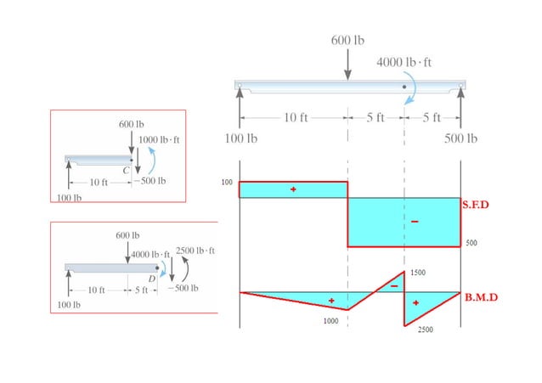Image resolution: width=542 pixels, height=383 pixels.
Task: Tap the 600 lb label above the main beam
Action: point(347,40)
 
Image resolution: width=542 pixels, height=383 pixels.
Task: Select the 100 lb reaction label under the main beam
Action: point(240,138)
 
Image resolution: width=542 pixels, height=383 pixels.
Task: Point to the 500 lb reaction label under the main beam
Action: point(460,138)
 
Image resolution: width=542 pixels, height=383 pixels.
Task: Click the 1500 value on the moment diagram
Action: point(417,273)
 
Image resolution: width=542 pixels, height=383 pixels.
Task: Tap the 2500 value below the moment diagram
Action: point(426,331)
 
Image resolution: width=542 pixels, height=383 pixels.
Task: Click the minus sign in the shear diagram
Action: point(415,222)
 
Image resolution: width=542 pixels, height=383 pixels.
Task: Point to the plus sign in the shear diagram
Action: point(293,189)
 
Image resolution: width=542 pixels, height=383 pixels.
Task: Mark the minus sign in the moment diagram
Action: point(394,286)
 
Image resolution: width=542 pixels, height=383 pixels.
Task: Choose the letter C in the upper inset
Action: point(126,170)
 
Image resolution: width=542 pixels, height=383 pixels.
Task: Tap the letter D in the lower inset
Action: point(151,278)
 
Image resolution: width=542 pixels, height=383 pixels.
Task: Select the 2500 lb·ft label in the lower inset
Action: point(195,251)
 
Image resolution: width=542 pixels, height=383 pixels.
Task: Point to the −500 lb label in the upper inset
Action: point(150,180)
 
